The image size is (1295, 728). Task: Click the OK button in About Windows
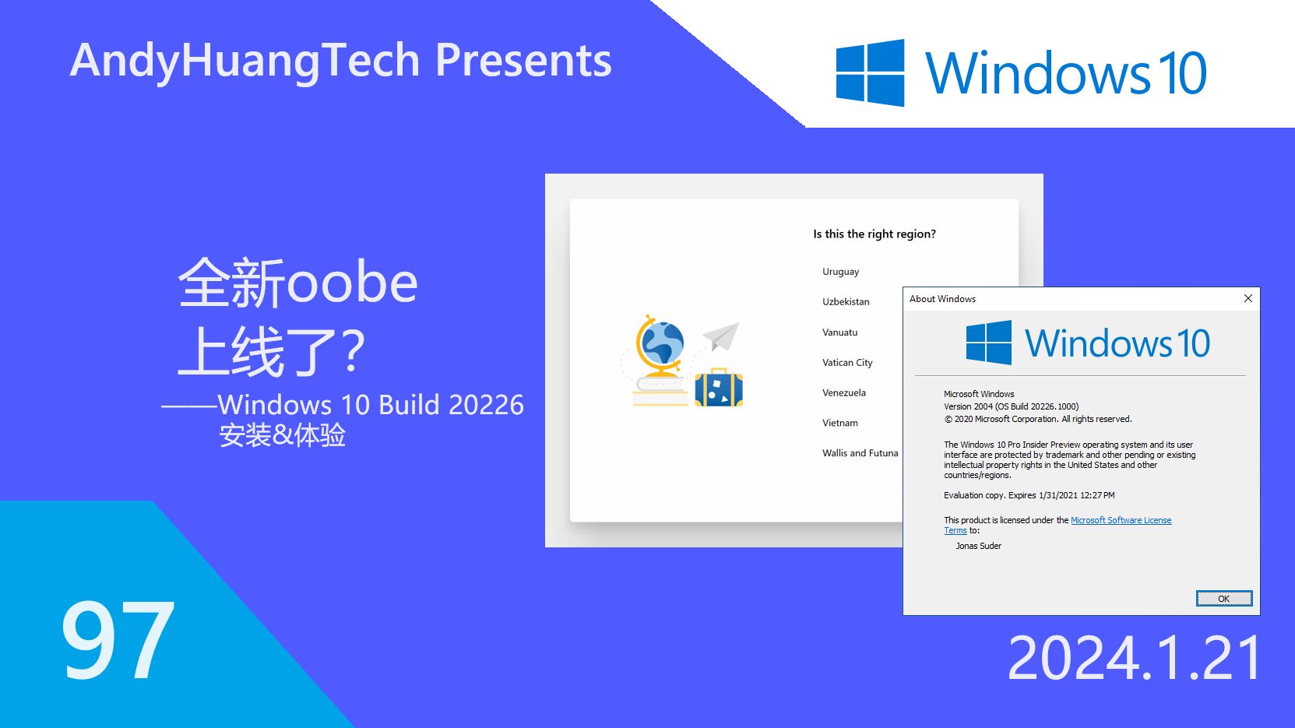click(1223, 598)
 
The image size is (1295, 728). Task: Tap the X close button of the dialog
click(1247, 298)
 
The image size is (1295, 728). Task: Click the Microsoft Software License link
click(1121, 520)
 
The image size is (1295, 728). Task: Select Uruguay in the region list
click(840, 272)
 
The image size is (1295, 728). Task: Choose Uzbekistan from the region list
click(846, 301)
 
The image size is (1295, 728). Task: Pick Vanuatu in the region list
click(839, 332)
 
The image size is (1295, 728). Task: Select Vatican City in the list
click(847, 362)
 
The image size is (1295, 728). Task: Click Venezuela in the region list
click(843, 392)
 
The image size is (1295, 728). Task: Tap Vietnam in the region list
click(839, 423)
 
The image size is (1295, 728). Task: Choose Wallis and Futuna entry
click(860, 453)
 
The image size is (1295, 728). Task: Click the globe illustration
click(660, 346)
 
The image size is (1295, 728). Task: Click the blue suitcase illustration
click(718, 389)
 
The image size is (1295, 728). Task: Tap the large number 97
click(118, 641)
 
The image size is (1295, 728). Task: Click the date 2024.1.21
click(1134, 659)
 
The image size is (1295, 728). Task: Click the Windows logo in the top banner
click(870, 72)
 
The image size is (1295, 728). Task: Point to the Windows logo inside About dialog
click(988, 343)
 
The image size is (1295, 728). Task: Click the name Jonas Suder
click(978, 546)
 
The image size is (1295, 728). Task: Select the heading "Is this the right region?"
click(874, 234)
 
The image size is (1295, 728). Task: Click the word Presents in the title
click(523, 61)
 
